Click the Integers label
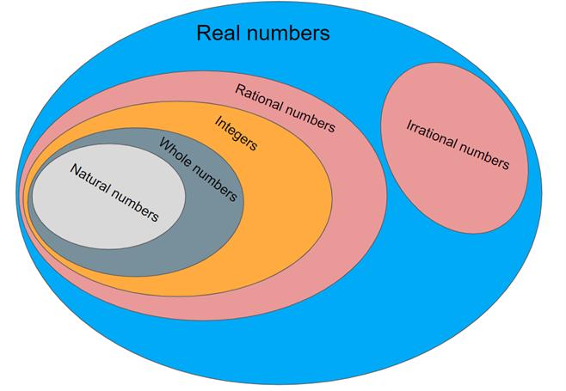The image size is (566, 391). click(236, 133)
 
